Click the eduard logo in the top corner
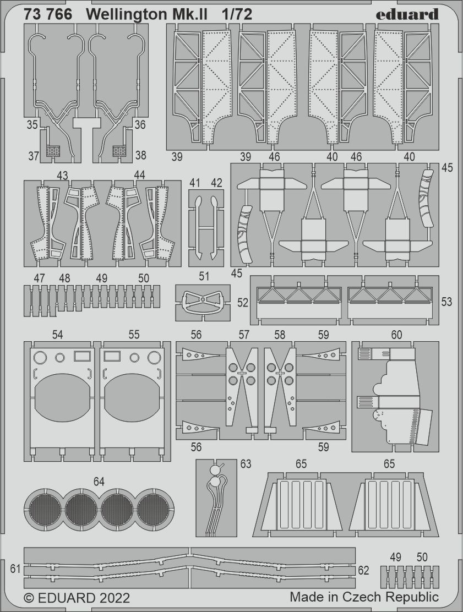tap(407, 14)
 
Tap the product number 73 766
tap(48, 15)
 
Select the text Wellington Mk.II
tap(147, 15)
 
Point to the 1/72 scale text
tap(237, 15)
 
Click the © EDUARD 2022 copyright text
tap(77, 598)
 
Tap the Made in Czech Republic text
tap(364, 597)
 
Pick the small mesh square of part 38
tap(119, 150)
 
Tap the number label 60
tap(396, 335)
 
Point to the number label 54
tap(57, 335)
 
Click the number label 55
tap(134, 335)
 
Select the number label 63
tap(246, 464)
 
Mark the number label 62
tap(363, 571)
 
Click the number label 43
tap(62, 174)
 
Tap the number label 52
tap(243, 302)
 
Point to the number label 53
tap(446, 302)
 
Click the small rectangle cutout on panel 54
tap(81, 356)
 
